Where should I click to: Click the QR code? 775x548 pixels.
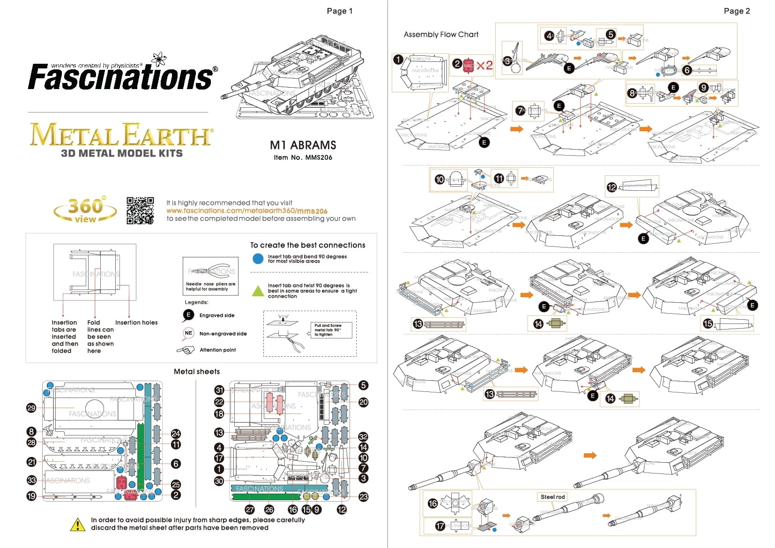[x=140, y=210]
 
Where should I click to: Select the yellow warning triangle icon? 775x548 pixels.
[x=77, y=525]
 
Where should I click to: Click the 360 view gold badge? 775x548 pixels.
[x=85, y=210]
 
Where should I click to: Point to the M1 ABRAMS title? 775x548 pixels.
[x=303, y=145]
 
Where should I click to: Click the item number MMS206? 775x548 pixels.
[x=303, y=158]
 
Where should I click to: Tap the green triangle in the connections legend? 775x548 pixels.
[x=258, y=291]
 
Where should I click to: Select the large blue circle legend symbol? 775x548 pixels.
[x=258, y=259]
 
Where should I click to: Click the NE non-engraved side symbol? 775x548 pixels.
[x=188, y=333]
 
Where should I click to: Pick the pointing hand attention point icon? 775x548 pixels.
[x=186, y=350]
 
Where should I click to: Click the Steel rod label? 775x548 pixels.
[x=552, y=497]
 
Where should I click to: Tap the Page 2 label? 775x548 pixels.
[x=737, y=11]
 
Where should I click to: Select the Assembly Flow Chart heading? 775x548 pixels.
[x=441, y=35]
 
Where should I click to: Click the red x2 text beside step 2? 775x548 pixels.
[x=484, y=65]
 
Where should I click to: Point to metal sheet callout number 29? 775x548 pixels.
[x=31, y=408]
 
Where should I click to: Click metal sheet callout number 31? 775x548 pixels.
[x=219, y=390]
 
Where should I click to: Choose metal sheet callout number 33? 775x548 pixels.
[x=31, y=480]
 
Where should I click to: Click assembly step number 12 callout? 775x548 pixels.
[x=611, y=188]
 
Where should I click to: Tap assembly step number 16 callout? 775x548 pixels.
[x=432, y=503]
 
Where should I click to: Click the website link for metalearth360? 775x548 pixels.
[x=247, y=211]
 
